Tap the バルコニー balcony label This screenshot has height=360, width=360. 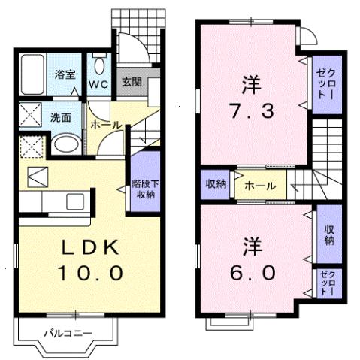pos(67,332)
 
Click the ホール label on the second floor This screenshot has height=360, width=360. pos(259,185)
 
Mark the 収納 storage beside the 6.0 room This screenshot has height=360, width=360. pos(328,234)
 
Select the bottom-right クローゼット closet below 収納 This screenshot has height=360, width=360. pos(328,283)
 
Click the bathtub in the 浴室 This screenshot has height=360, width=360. pos(33,75)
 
